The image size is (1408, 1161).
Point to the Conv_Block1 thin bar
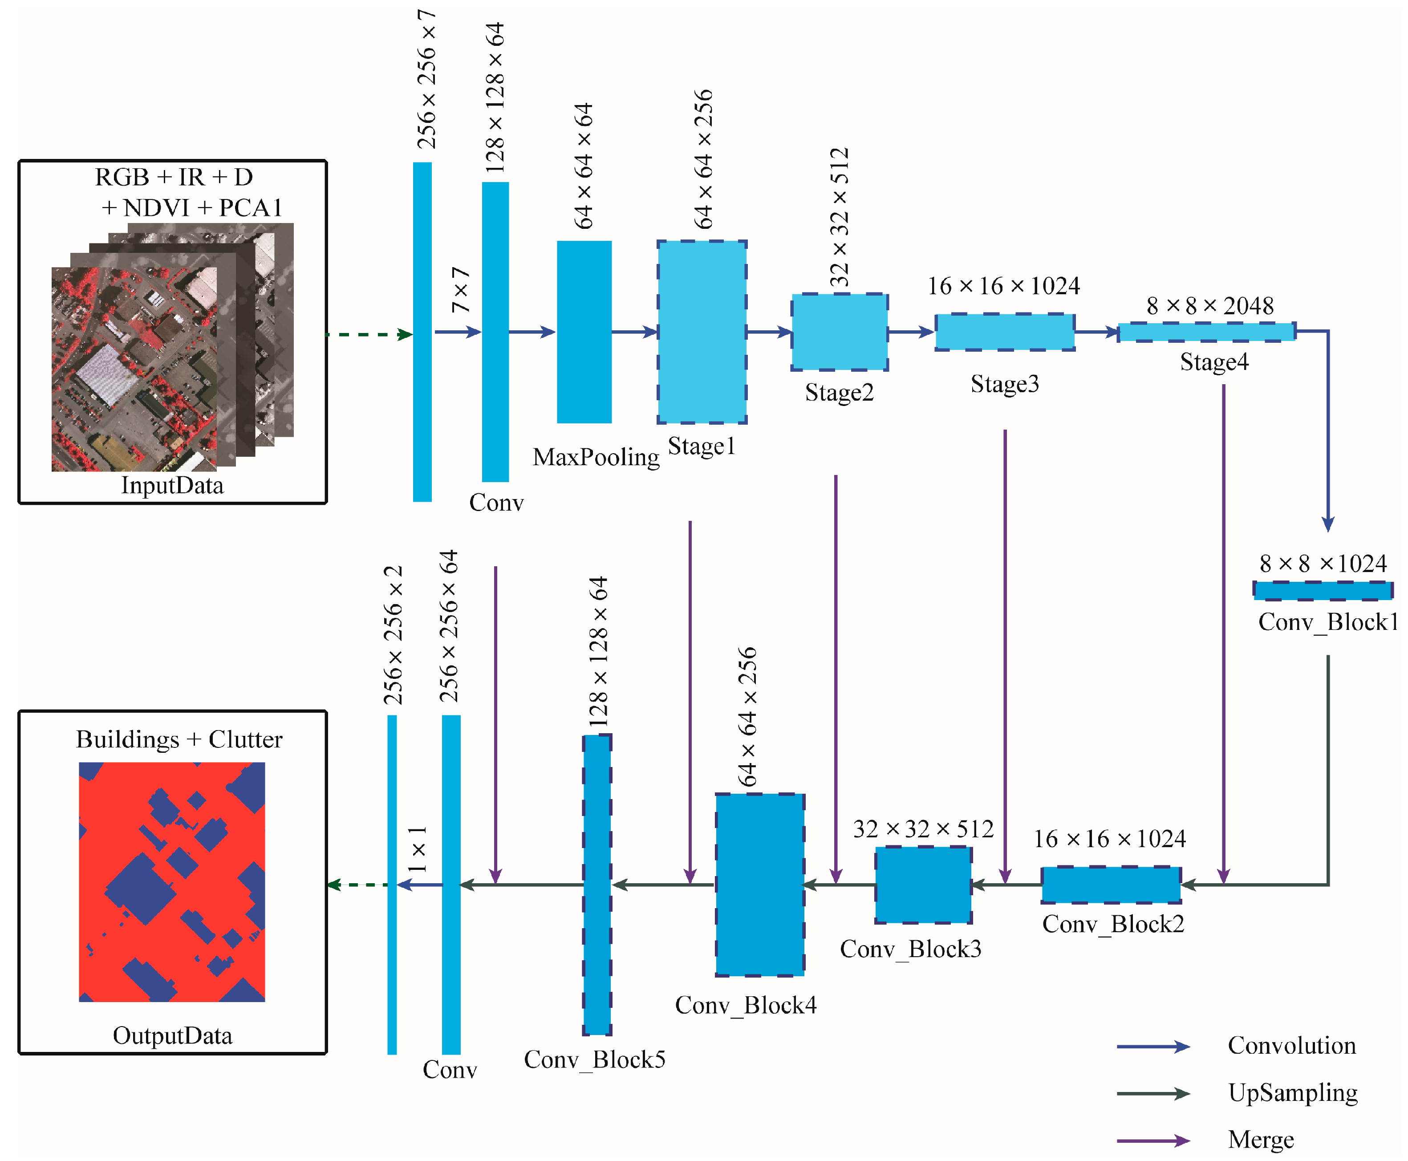coord(1323,591)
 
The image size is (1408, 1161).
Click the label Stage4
coord(1213,362)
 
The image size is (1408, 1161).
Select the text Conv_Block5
coord(594,1060)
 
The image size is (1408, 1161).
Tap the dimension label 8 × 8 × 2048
coord(1209,306)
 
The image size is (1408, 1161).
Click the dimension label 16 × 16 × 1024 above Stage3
coord(1003,286)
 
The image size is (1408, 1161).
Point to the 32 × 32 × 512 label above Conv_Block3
coord(923,829)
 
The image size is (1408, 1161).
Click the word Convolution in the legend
coord(1292,1045)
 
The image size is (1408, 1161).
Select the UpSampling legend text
coord(1292,1093)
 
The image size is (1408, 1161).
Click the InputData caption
coord(172,486)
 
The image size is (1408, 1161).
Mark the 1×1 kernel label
coord(417,849)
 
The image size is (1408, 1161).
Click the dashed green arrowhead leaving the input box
coord(405,334)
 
